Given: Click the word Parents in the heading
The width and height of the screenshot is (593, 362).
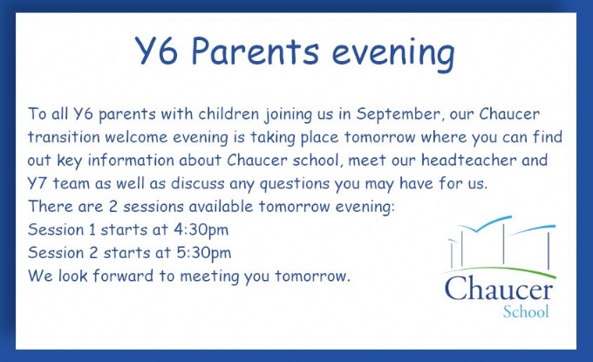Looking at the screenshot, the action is coord(256,51).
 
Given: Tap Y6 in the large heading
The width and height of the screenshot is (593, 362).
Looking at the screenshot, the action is coord(156,51).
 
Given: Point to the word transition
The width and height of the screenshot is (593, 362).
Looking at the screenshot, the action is coord(64,137).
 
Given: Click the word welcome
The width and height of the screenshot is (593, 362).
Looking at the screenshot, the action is coord(136,137).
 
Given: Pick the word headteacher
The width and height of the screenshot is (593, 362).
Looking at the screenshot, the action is coord(469,160).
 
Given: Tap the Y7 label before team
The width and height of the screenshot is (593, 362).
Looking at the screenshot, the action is coord(37,183).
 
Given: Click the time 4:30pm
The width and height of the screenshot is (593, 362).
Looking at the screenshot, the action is coord(201,230).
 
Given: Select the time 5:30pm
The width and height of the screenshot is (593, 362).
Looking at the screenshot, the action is coord(204,253).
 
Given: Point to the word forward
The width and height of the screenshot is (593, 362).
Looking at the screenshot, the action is coord(123,276).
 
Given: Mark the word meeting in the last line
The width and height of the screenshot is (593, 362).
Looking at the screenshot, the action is coord(209,277).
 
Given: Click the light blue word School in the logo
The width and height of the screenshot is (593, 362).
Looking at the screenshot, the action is coord(526,311).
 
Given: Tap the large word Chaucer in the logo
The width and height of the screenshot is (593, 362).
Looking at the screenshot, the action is coord(499,289).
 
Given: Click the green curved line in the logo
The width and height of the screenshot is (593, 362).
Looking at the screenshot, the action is coord(499,270).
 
